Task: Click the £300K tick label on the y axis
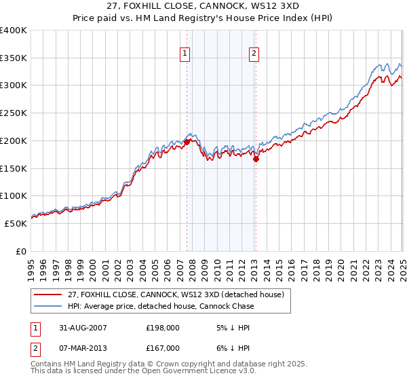click(14, 85)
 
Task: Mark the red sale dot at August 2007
click(187, 142)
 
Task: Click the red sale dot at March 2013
click(256, 159)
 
